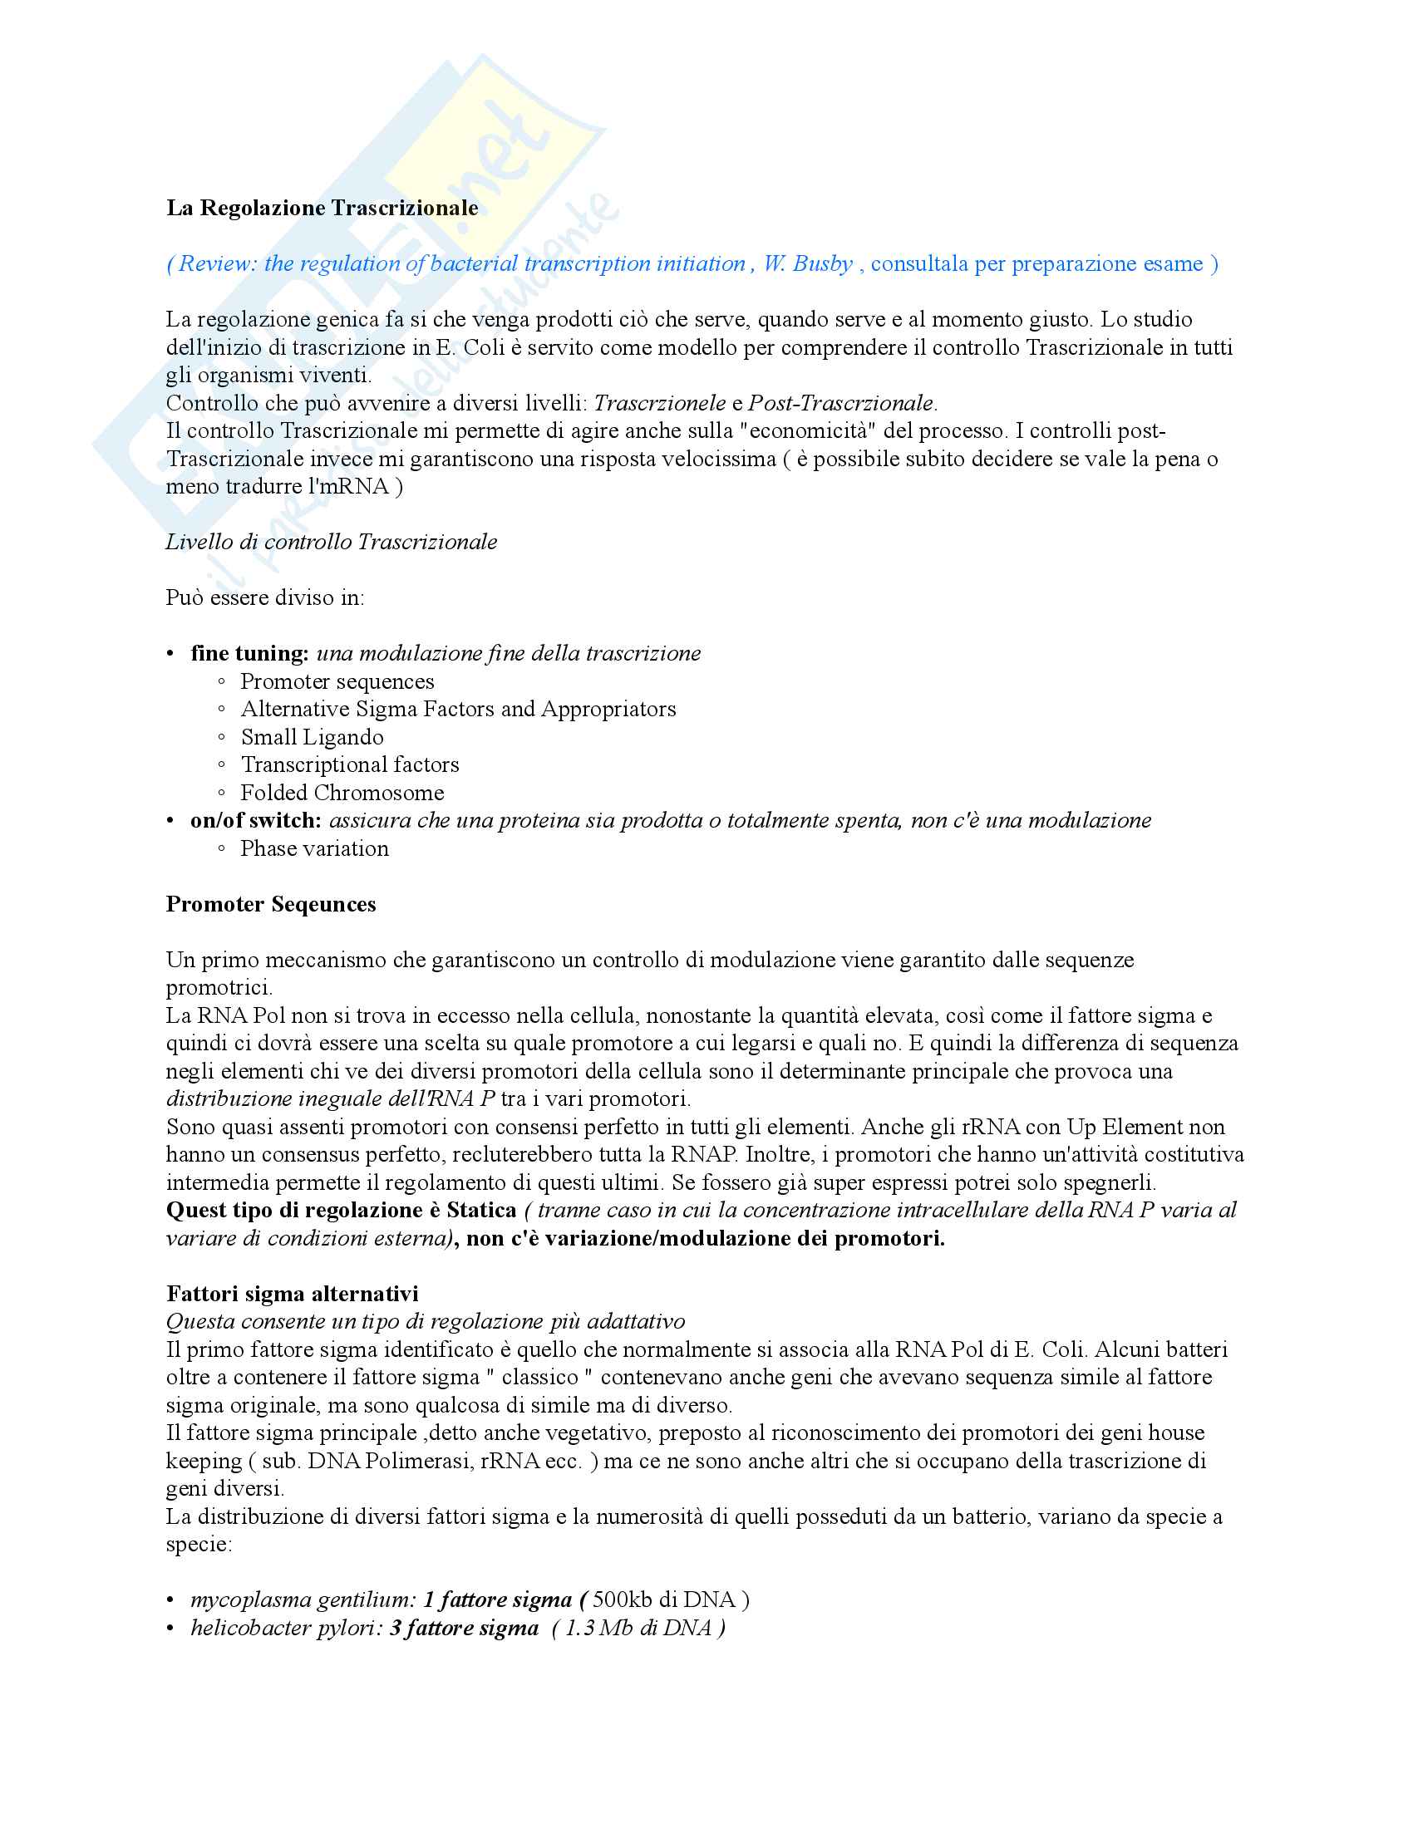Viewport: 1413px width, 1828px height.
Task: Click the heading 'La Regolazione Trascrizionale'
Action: pos(322,208)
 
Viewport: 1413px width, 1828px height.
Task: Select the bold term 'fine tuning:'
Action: pos(249,653)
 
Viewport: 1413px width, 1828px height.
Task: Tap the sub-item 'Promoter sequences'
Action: pos(337,681)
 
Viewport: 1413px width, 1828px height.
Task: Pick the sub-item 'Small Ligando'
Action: pos(313,736)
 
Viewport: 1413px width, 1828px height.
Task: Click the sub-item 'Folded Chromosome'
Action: pos(342,793)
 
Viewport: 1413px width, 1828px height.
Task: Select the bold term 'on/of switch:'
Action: pos(255,820)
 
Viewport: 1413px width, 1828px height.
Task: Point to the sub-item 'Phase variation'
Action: pos(315,848)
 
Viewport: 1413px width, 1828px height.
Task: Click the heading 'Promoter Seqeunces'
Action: pos(271,904)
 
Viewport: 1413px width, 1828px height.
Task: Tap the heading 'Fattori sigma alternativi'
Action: pos(292,1293)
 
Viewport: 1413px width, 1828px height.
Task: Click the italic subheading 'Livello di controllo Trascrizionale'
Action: pos(332,542)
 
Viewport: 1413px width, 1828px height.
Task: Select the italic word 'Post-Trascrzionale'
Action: pos(840,403)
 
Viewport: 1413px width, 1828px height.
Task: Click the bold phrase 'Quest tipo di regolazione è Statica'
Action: pos(342,1211)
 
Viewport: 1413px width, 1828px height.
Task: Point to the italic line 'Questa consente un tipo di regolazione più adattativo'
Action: pos(426,1321)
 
